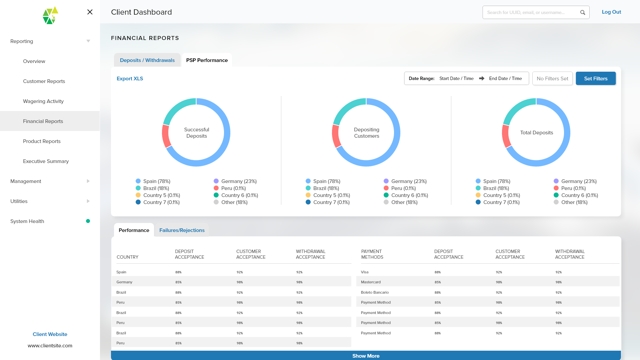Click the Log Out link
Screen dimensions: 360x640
(x=611, y=12)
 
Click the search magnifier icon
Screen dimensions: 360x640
(x=582, y=13)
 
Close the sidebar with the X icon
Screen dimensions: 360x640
(x=90, y=12)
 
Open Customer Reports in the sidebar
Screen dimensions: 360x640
(x=44, y=81)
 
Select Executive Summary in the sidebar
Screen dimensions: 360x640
(x=46, y=161)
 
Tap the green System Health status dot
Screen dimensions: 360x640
(x=88, y=221)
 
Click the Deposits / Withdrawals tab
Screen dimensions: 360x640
(x=147, y=60)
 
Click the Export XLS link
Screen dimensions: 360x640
(x=130, y=79)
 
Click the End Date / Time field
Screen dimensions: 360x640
(x=505, y=79)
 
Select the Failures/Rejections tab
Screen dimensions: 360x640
(x=182, y=230)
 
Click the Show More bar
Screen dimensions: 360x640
(x=366, y=356)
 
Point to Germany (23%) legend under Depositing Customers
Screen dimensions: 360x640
(x=408, y=181)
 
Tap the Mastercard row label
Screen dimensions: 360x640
(x=370, y=282)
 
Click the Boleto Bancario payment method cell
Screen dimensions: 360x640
(x=375, y=292)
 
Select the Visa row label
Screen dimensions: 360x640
(x=364, y=272)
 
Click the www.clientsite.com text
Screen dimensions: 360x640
(x=50, y=346)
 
